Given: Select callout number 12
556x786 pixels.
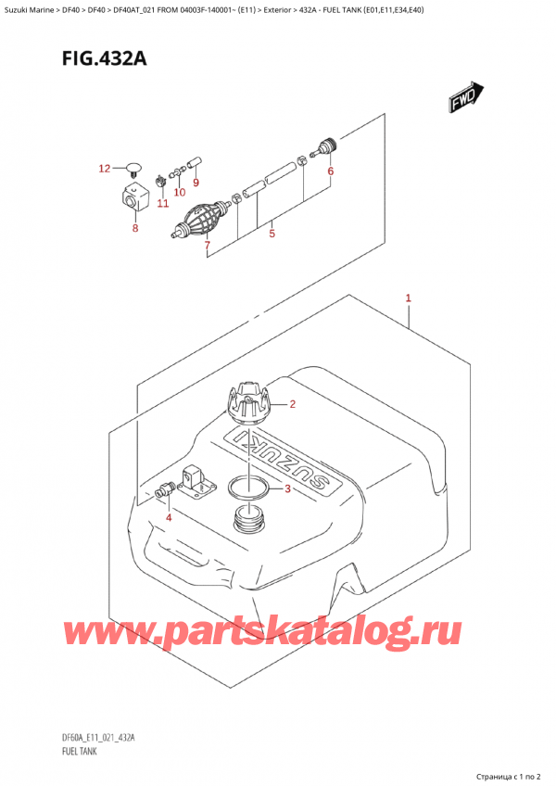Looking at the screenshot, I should click(x=105, y=169).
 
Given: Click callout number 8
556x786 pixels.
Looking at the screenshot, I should click(x=135, y=227).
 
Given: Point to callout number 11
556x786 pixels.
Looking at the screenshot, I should click(x=163, y=203).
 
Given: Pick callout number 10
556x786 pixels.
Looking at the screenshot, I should click(x=180, y=193).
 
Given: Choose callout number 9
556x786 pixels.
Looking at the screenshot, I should click(x=196, y=183).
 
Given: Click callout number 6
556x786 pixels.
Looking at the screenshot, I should click(x=330, y=171).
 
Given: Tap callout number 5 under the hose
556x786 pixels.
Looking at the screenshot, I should click(x=272, y=234).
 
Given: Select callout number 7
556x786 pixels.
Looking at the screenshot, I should click(x=207, y=247).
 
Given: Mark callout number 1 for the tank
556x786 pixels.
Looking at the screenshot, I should click(x=408, y=298).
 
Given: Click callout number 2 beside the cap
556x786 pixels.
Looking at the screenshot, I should click(x=292, y=404).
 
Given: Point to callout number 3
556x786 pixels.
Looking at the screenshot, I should click(x=287, y=489).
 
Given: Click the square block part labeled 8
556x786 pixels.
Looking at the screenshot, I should click(x=133, y=197).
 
